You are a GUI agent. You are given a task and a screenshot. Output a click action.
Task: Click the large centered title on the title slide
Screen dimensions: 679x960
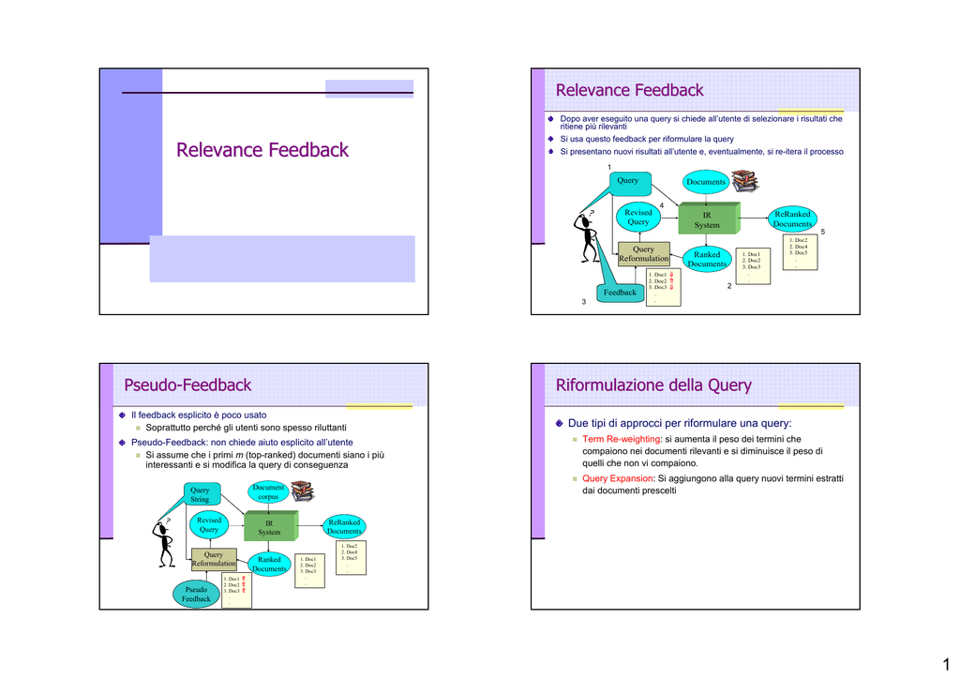262,150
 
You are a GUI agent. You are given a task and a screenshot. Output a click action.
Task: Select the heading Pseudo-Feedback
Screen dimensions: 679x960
187,385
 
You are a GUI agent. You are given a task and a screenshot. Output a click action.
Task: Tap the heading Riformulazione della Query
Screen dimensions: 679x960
653,385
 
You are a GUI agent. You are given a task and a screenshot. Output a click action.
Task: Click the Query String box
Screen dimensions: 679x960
200,494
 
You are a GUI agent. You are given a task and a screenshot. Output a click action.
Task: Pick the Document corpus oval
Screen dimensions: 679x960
268,492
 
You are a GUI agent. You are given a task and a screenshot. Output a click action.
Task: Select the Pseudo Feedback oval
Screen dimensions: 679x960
197,594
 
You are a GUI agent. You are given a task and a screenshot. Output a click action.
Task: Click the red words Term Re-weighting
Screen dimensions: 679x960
622,439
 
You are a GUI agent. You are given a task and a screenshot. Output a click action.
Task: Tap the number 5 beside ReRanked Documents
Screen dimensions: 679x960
822,232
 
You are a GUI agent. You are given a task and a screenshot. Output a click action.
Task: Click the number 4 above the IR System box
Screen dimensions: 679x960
661,205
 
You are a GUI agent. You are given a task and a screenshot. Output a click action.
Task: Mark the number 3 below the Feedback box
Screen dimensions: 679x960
583,301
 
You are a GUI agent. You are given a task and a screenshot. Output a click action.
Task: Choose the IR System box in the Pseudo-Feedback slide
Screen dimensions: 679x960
269,527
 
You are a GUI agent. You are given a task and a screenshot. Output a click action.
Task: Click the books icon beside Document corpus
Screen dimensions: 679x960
303,491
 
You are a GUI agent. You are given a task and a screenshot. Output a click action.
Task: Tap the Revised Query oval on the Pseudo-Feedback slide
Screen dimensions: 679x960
209,525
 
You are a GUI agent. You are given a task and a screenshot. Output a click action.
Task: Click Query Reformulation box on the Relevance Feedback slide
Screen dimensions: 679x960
643,254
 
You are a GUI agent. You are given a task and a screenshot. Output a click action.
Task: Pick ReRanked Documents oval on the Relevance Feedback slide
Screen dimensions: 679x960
792,219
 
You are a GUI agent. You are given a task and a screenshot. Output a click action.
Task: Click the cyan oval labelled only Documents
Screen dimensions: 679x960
706,181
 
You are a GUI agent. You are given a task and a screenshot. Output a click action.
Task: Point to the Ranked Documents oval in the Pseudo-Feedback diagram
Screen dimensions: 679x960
269,564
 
